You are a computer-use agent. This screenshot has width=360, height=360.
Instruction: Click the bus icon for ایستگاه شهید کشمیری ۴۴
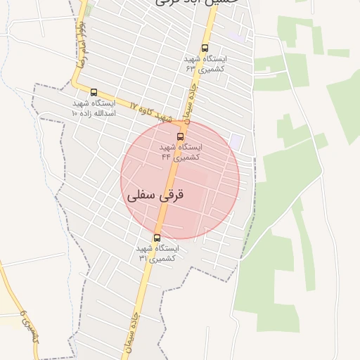pyautogui.click(x=181, y=136)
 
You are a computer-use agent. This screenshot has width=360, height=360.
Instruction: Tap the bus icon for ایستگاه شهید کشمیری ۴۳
pyautogui.click(x=205, y=49)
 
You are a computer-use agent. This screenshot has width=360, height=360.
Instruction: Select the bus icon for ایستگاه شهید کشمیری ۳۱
pyautogui.click(x=157, y=238)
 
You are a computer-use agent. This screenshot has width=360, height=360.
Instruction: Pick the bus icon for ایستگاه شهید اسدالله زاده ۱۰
pyautogui.click(x=94, y=92)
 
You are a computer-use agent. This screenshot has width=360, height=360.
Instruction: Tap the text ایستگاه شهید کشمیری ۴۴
pyautogui.click(x=181, y=152)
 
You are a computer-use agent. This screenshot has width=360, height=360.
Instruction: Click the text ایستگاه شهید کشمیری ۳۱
pyautogui.click(x=157, y=253)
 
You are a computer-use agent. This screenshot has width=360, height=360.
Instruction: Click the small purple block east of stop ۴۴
pyautogui.click(x=236, y=142)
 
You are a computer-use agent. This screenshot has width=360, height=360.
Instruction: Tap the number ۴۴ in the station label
pyautogui.click(x=166, y=157)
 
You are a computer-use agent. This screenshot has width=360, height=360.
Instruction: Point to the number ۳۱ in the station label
pyautogui.click(x=143, y=258)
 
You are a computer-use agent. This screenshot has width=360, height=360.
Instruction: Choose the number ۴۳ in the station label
pyautogui.click(x=190, y=70)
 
